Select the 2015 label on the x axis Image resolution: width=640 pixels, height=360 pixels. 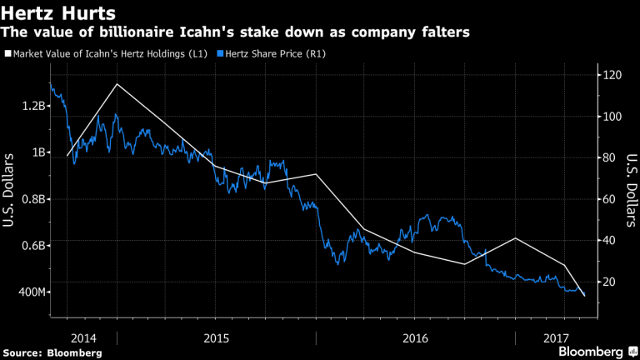point(217,337)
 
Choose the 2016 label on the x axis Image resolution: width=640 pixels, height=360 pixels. point(414,337)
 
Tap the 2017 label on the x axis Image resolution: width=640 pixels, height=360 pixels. point(552,337)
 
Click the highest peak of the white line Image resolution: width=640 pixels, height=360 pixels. point(117,84)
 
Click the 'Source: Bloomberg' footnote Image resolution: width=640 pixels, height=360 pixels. point(52,352)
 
